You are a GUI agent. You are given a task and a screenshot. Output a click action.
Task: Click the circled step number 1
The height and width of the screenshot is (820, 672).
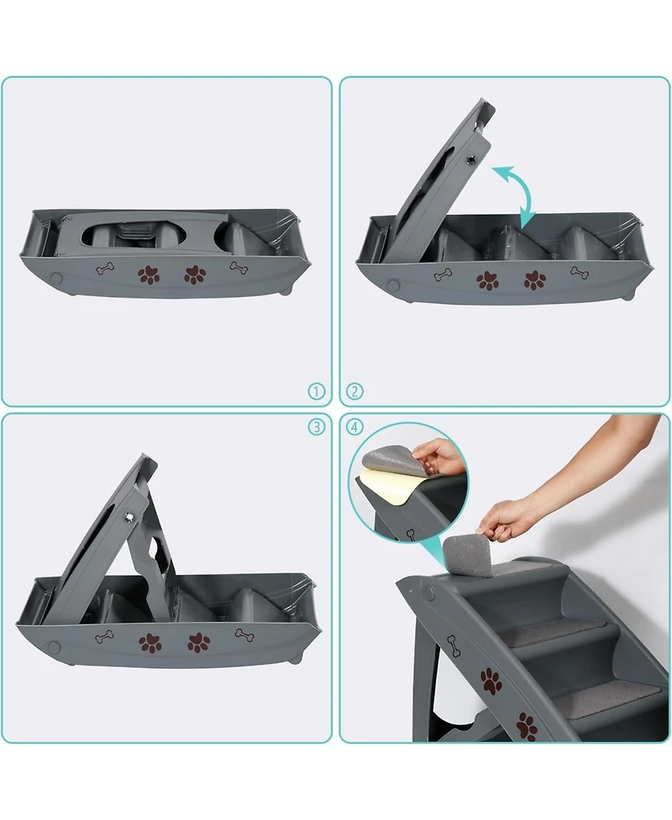click(316, 391)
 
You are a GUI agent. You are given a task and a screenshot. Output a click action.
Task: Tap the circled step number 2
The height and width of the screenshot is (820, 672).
click(355, 391)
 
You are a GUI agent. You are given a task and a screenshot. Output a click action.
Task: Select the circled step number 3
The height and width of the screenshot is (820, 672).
click(316, 426)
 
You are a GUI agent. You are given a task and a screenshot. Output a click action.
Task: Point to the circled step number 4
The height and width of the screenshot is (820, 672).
click(355, 426)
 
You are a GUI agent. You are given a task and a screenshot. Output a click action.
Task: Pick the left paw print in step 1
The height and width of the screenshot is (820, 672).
click(149, 274)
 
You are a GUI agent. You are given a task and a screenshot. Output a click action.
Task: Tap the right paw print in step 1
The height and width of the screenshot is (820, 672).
click(196, 274)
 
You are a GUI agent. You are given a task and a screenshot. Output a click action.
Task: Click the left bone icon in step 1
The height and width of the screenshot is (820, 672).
click(105, 269)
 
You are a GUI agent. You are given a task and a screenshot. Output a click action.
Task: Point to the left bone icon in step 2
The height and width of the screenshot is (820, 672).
click(443, 275)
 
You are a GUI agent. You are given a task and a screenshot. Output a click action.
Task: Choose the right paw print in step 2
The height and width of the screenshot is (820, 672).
click(534, 279)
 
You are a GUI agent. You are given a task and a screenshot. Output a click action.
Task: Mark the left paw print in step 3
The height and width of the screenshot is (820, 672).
click(150, 642)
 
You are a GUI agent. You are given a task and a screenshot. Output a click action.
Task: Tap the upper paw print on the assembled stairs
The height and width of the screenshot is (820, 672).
click(491, 680)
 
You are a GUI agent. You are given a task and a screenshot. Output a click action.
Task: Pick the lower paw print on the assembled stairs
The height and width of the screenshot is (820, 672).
click(527, 725)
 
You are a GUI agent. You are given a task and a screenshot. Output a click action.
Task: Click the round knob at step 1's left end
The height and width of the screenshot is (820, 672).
click(57, 278)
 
